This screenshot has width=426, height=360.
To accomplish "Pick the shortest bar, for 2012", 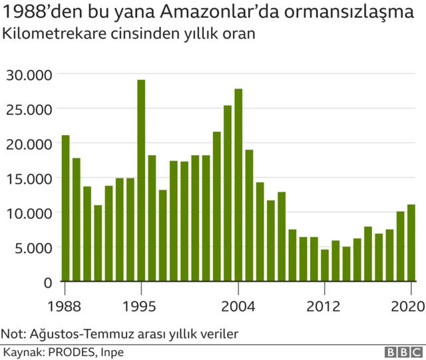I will (x=325, y=266).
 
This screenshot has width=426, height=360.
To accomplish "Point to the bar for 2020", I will (x=411, y=243).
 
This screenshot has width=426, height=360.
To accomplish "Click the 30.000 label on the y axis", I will (x=29, y=74).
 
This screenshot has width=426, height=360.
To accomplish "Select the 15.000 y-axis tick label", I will (x=29, y=178).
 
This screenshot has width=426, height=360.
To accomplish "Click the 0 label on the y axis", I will (x=48, y=282).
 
